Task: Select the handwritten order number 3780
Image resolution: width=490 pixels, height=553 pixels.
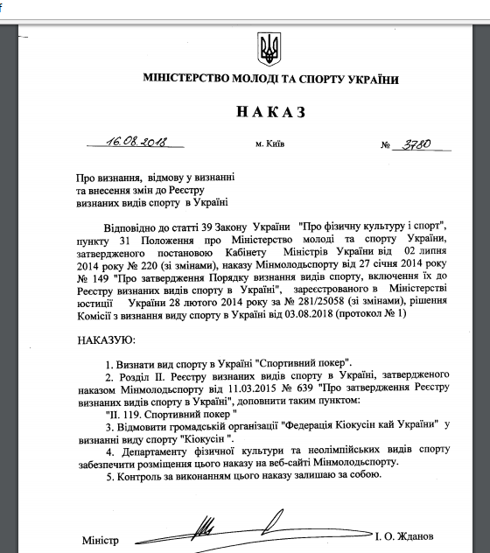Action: tap(415, 143)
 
